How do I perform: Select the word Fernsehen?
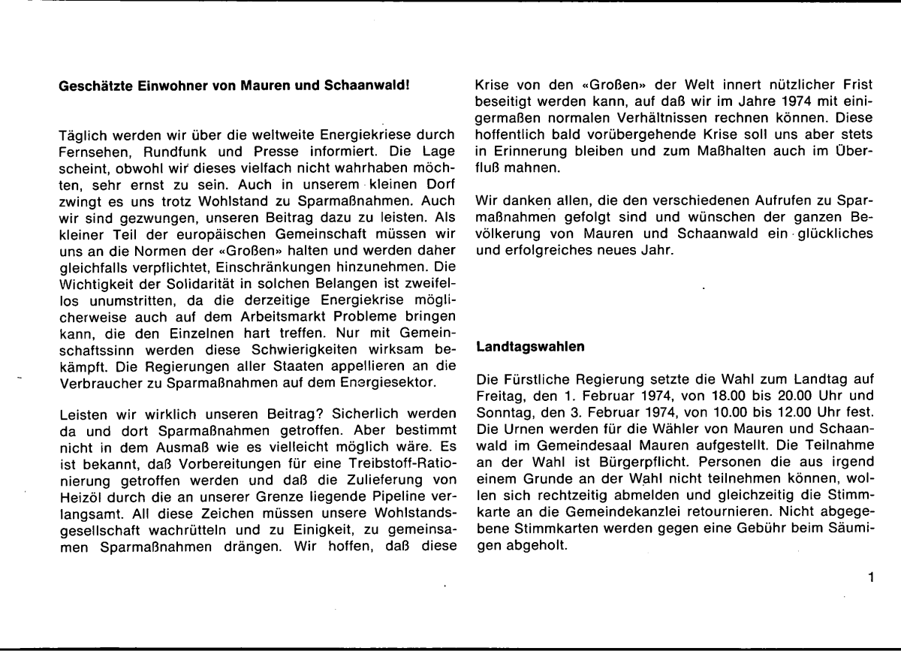[x=90, y=151]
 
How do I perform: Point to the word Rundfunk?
[x=162, y=151]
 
